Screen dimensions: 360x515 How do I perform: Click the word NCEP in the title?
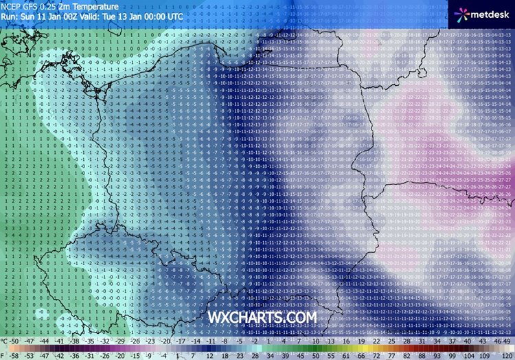pyautogui.click(x=14, y=5)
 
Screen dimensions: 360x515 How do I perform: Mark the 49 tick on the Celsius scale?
pyautogui.click(x=508, y=340)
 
